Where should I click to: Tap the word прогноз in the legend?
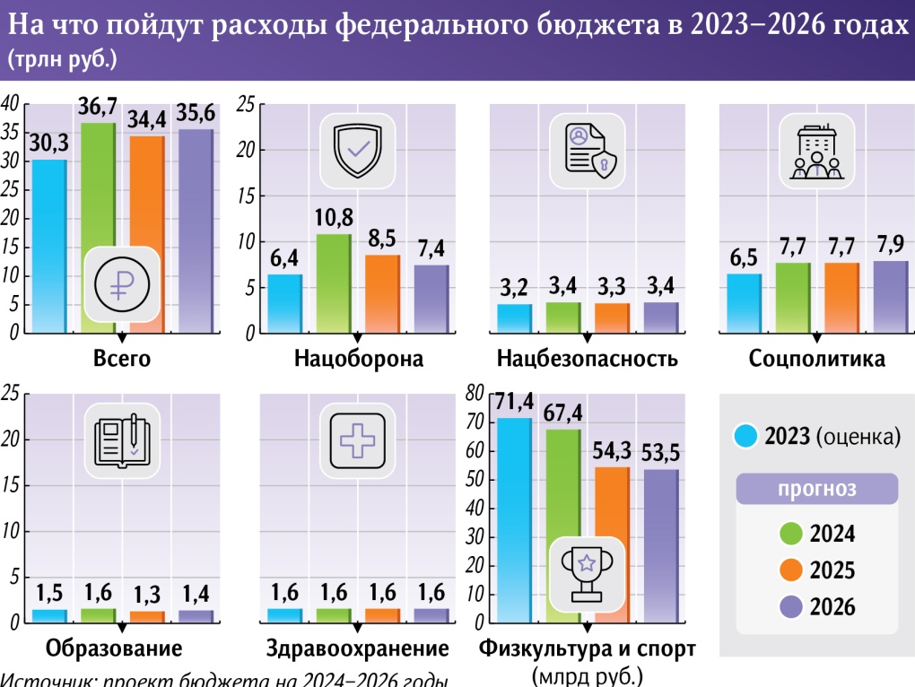point(815,490)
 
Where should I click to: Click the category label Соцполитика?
point(817,360)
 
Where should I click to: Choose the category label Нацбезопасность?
point(587,360)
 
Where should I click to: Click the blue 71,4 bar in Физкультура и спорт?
point(513,520)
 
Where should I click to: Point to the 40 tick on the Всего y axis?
point(10,104)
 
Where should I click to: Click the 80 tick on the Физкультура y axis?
point(475,393)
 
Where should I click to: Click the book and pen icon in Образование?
point(121,439)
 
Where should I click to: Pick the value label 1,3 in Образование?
point(146,593)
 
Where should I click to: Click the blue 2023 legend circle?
point(746,437)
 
